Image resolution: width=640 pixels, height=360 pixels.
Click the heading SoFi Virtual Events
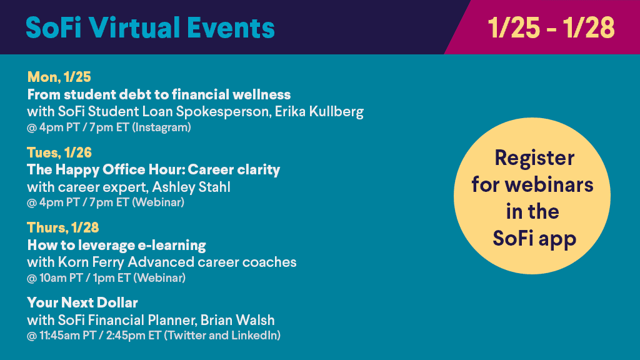tap(150, 27)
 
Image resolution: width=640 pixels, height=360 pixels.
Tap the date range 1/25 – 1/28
tap(551, 27)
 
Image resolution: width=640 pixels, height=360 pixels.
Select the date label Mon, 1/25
tap(59, 77)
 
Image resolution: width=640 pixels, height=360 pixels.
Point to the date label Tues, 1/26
tap(59, 152)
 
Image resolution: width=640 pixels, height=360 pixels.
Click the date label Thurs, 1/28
tap(63, 227)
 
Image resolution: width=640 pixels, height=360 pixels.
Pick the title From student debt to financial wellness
tap(159, 95)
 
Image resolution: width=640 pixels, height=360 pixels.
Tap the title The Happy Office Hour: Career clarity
tap(154, 170)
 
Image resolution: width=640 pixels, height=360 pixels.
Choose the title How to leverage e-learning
tap(117, 245)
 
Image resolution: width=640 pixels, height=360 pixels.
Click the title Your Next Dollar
tap(82, 303)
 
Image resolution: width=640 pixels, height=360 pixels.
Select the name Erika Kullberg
tap(319, 111)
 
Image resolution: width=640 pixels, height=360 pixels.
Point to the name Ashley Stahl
tap(191, 187)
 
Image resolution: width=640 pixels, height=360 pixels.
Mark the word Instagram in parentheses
tap(161, 127)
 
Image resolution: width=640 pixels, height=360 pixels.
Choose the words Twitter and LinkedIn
tap(222, 336)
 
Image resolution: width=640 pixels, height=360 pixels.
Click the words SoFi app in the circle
tap(534, 239)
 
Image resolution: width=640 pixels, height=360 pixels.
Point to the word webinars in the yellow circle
tap(549, 184)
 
